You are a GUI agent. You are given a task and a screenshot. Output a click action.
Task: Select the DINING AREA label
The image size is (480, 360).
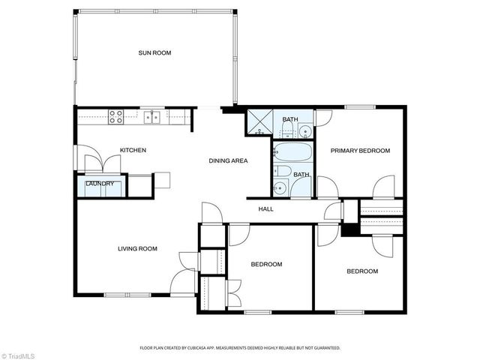tap(228, 160)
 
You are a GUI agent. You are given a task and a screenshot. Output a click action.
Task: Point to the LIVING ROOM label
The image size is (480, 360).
tap(137, 249)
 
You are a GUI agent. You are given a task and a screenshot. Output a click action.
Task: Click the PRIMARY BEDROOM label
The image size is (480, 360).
tap(361, 151)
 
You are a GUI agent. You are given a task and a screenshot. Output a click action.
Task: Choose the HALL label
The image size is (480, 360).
tap(266, 208)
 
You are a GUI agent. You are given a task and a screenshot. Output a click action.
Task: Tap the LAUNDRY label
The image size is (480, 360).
tap(99, 184)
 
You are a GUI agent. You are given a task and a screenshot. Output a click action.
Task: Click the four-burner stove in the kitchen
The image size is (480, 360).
tap(116, 116)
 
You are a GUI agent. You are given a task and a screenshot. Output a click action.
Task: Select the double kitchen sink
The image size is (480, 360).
tap(153, 116)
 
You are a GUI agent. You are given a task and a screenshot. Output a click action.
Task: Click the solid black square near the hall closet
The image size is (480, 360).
tap(349, 229)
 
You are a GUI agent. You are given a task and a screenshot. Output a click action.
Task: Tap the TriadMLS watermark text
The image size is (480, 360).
tap(19, 354)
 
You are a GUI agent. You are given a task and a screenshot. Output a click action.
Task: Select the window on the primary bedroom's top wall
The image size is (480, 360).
tap(360, 107)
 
